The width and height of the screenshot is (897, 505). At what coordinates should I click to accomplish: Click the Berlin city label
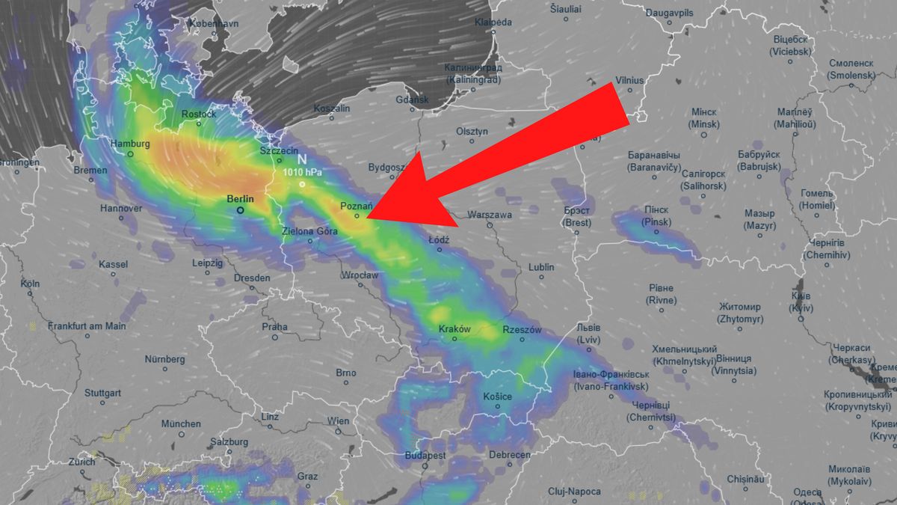[x=240, y=199]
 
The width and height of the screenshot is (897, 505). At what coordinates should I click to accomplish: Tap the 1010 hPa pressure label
[x=302, y=171]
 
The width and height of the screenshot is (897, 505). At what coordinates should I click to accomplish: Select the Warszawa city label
[x=490, y=215]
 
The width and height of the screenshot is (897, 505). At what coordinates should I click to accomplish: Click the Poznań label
[x=356, y=206]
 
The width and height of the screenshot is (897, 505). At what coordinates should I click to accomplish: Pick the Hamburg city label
[x=130, y=144]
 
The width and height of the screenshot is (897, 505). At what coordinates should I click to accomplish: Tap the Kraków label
[x=454, y=329]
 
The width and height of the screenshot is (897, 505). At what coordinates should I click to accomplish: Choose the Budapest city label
[x=425, y=456]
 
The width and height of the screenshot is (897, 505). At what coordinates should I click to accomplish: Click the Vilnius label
[x=630, y=80]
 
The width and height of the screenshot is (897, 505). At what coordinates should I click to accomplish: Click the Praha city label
[x=274, y=327]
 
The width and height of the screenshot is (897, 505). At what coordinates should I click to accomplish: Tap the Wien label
[x=338, y=421]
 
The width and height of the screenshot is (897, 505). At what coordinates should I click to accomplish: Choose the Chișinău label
[x=748, y=479]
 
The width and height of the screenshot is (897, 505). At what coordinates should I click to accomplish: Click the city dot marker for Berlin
[x=240, y=210]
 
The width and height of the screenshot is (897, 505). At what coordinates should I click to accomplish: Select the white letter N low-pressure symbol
[x=302, y=159]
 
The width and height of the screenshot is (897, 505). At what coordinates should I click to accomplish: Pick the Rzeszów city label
[x=522, y=330]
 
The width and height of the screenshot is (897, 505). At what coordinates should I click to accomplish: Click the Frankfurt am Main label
[x=87, y=326]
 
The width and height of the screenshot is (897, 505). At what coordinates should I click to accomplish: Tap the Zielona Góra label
[x=310, y=231]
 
